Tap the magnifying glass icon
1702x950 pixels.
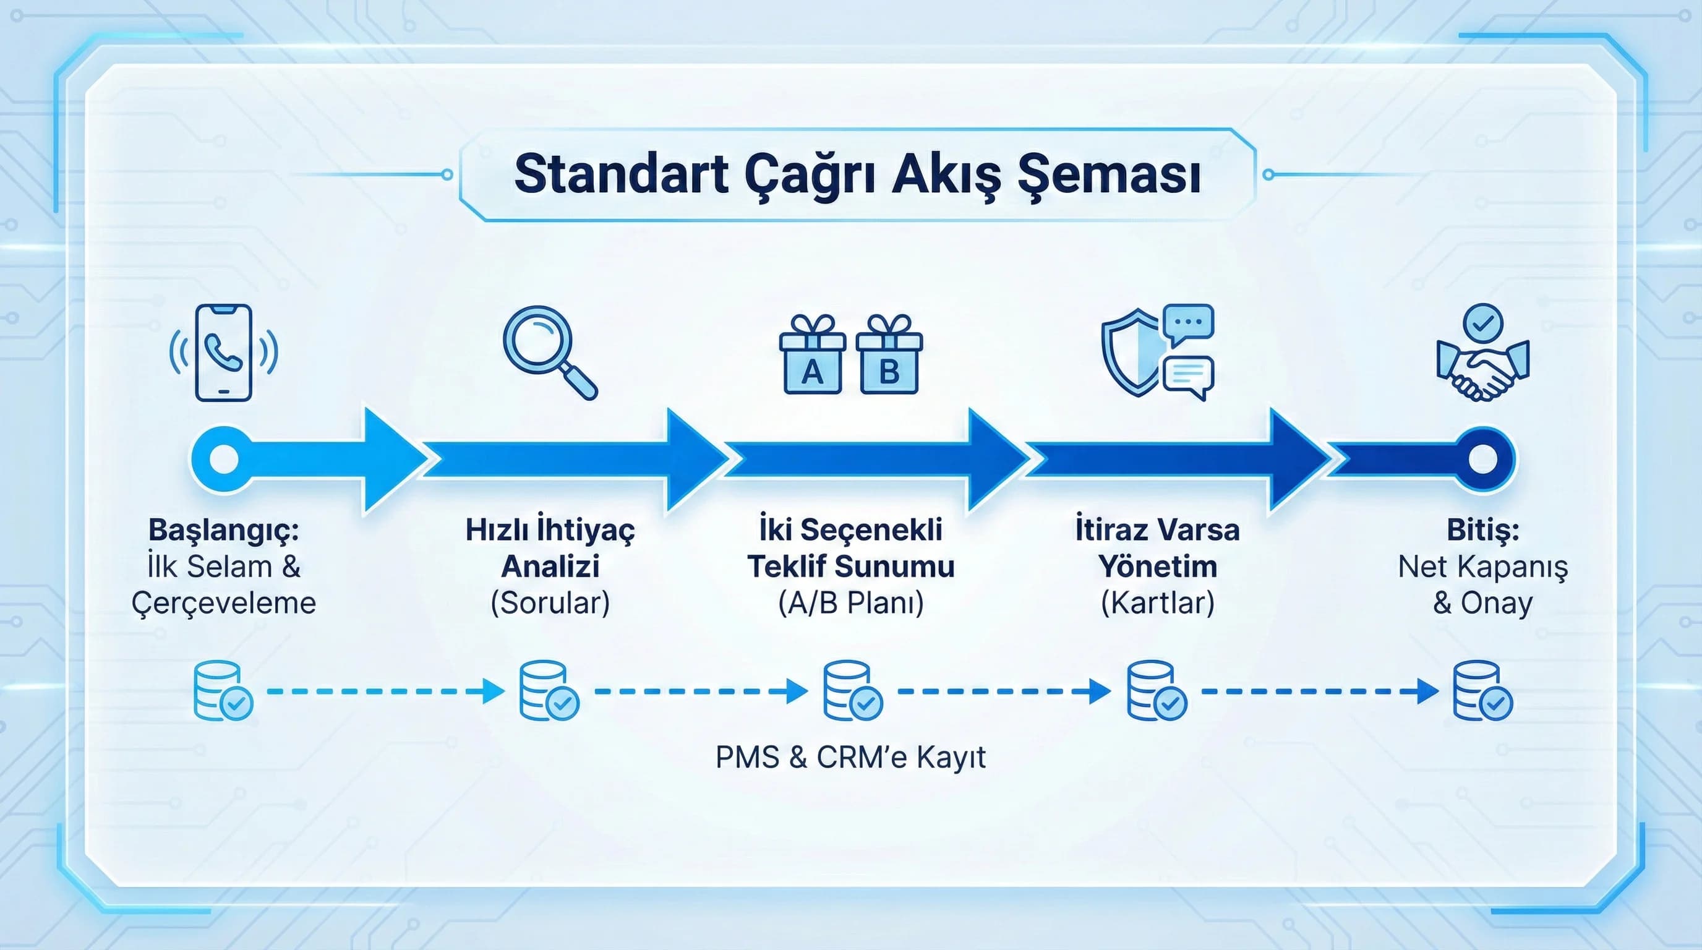(x=549, y=350)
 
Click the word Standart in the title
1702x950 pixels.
(x=621, y=174)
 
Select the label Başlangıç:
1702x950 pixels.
(x=223, y=530)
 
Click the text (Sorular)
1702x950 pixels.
(x=550, y=602)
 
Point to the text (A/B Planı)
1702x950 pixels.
(x=851, y=602)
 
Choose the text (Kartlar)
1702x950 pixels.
(x=1158, y=602)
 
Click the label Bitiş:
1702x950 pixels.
(x=1482, y=530)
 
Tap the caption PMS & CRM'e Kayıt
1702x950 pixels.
(x=850, y=757)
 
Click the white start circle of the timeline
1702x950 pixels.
(x=223, y=458)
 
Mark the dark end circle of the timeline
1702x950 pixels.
(x=1482, y=458)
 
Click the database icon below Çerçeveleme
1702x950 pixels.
(x=223, y=691)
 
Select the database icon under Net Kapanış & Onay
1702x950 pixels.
(x=1482, y=691)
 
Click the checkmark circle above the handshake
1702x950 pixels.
(x=1482, y=323)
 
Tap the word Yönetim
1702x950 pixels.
(x=1158, y=567)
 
